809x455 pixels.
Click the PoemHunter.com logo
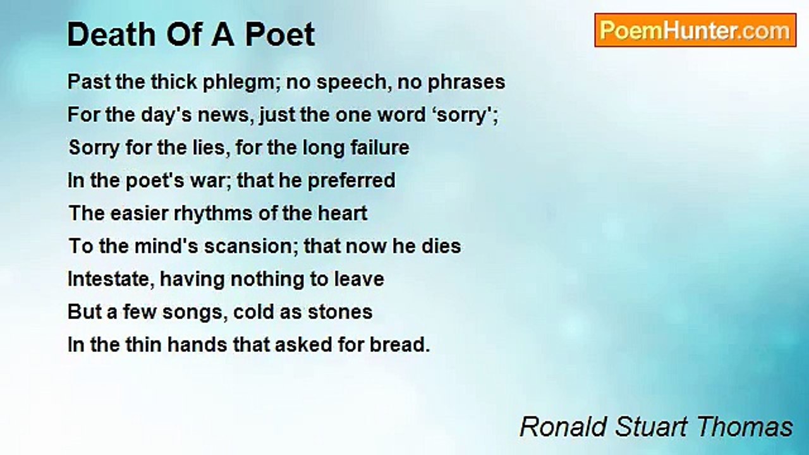pos(695,30)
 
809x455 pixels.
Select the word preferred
pos(351,181)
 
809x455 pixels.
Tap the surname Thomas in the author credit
pos(746,427)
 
